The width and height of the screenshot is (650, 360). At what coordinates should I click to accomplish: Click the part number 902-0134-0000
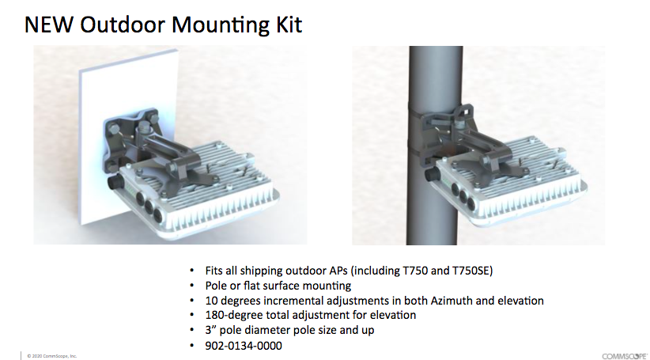tap(244, 346)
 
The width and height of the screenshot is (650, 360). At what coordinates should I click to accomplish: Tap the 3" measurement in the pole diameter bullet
tap(210, 330)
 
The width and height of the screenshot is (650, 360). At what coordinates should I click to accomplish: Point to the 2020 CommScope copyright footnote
tap(52, 356)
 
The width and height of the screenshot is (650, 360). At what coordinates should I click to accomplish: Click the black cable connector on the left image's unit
tap(114, 182)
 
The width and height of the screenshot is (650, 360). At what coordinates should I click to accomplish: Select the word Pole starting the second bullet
tap(214, 286)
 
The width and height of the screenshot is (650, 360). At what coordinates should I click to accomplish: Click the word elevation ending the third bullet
tap(520, 301)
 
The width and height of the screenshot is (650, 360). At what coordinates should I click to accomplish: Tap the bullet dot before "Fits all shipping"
tap(191, 271)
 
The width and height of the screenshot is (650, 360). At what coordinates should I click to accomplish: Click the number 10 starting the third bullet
tap(210, 301)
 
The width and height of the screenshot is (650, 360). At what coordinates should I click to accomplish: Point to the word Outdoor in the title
tap(123, 25)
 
